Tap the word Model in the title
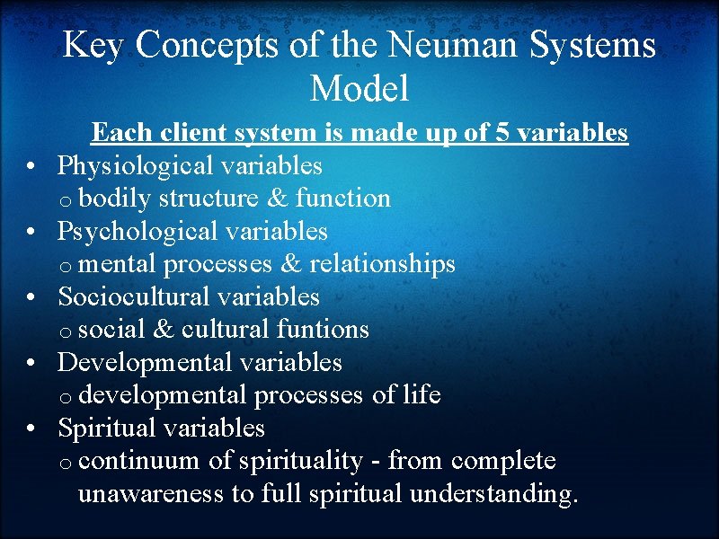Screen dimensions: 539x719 pos(359,88)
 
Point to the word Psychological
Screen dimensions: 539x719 pos(138,232)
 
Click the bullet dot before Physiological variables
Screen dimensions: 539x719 pos(31,167)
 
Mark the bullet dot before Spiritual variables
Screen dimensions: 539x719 pos(31,429)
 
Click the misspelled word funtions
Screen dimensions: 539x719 pos(321,330)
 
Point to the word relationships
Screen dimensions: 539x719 pos(383,264)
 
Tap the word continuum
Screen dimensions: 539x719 pos(144,461)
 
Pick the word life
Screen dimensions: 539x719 pos(422,395)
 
